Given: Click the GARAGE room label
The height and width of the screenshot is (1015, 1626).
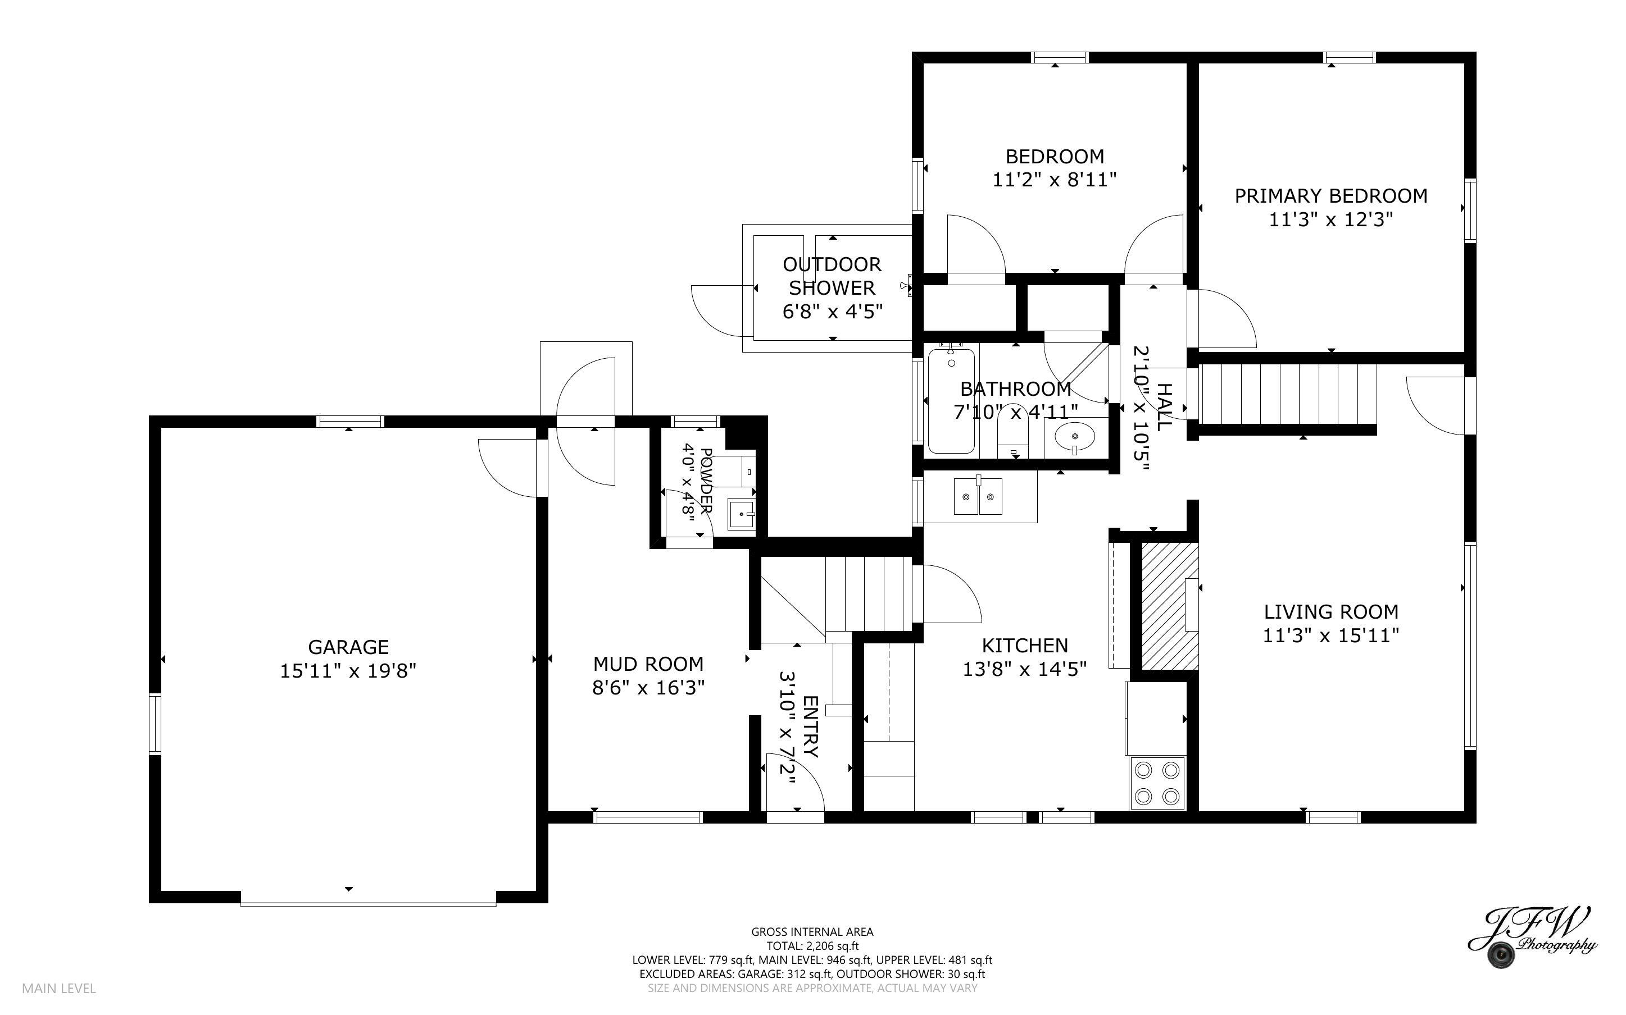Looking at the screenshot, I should pyautogui.click(x=348, y=647).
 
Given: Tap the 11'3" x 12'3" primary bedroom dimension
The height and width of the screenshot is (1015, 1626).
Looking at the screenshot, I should pyautogui.click(x=1330, y=220).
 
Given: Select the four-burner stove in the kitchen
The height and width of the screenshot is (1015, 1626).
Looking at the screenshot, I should pyautogui.click(x=1156, y=783).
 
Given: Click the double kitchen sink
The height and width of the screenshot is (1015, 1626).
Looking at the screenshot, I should pyautogui.click(x=978, y=497).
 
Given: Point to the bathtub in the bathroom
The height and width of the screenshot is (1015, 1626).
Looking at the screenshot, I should pyautogui.click(x=951, y=401).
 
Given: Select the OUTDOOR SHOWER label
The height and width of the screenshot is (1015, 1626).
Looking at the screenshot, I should pyautogui.click(x=832, y=276).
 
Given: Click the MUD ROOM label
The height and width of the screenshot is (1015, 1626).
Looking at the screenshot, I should pyautogui.click(x=648, y=664).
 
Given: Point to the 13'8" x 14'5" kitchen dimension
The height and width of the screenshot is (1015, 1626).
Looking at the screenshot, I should pyautogui.click(x=1024, y=669).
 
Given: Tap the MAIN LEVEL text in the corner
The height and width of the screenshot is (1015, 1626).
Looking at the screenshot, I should pyautogui.click(x=59, y=988).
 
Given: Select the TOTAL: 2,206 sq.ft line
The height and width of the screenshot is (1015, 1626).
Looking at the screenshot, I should pyautogui.click(x=812, y=946).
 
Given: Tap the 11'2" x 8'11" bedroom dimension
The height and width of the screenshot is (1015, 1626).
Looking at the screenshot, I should pyautogui.click(x=1055, y=180).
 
